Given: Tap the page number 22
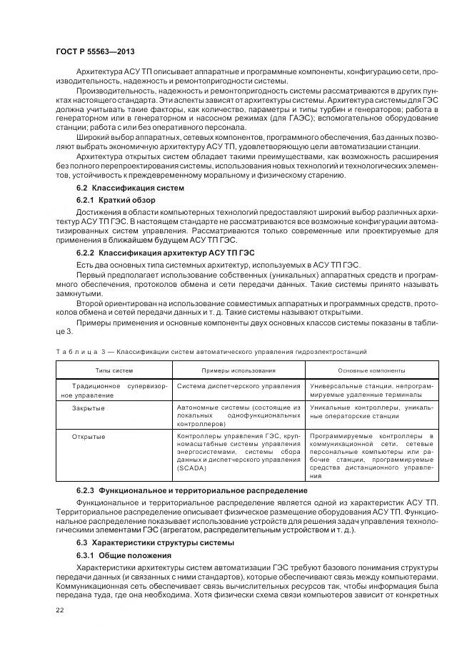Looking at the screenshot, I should click(59, 609).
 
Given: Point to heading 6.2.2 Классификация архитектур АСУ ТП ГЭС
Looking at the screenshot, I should click(165, 253).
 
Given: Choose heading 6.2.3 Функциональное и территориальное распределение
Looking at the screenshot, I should click(192, 491).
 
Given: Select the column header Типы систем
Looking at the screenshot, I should click(114, 370).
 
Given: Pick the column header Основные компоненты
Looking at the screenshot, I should click(371, 370).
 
